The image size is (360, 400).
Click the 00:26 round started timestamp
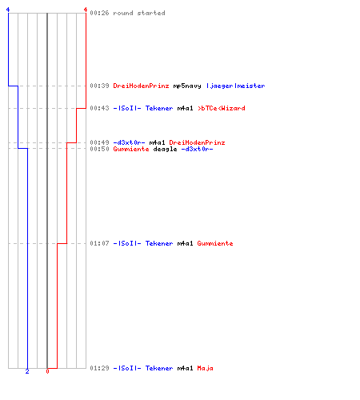tap(99, 13)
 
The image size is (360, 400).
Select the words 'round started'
tap(139, 13)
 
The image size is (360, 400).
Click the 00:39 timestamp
tap(99, 86)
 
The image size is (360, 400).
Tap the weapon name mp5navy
tap(187, 86)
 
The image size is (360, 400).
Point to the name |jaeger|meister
tap(235, 86)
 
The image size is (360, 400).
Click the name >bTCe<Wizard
tap(221, 108)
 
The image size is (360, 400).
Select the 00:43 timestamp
tap(99, 108)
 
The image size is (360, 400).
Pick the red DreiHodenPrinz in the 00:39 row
tap(141, 86)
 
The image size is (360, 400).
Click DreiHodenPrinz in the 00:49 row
tap(197, 142)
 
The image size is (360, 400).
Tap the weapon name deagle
tap(165, 149)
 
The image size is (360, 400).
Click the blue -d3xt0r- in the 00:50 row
tap(197, 149)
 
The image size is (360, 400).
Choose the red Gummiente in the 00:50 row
tap(131, 149)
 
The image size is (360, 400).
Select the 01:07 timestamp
tap(99, 243)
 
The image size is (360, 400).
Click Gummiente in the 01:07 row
tap(215, 243)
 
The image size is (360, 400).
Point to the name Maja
tap(205, 368)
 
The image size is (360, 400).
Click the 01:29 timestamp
tap(99, 368)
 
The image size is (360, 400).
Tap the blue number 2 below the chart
tap(27, 371)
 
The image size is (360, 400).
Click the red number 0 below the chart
tap(47, 371)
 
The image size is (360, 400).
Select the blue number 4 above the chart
tap(8, 10)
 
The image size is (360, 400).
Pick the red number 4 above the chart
tap(86, 10)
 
